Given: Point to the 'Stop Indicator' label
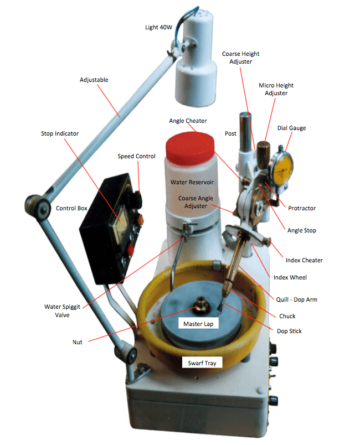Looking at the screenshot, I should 59,133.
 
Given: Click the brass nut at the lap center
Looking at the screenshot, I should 200,304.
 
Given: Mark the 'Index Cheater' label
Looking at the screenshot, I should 304,260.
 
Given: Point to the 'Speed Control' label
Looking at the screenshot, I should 136,156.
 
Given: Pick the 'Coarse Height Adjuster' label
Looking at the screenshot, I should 240,58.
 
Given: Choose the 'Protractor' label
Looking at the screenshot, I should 302,208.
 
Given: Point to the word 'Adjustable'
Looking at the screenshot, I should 94,80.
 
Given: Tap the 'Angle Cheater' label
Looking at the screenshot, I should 188,121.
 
